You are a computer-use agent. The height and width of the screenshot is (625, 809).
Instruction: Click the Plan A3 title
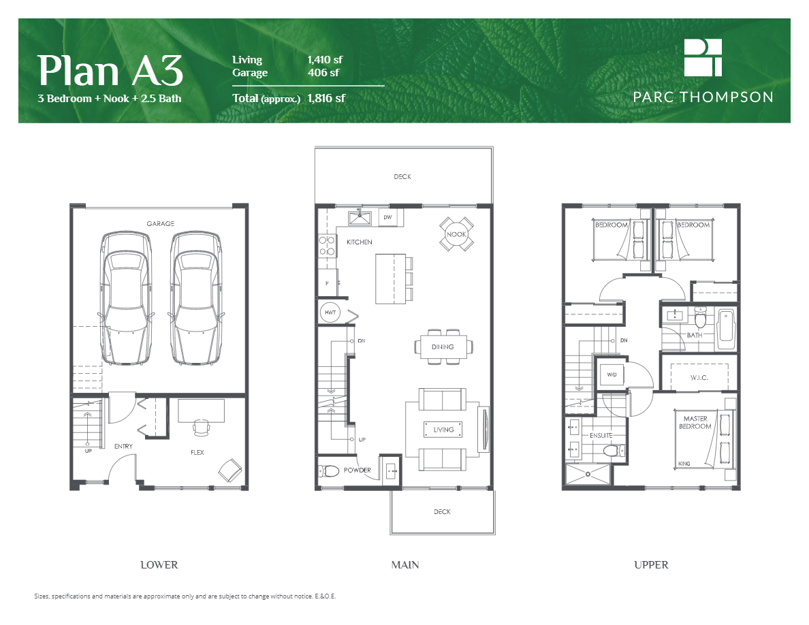point(110,69)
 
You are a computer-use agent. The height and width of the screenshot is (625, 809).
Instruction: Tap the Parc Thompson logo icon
point(703,57)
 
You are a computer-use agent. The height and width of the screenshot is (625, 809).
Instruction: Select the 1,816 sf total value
point(326,98)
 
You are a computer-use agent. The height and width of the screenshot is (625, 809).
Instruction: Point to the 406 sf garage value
point(323,73)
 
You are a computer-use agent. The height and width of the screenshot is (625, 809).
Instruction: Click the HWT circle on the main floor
point(330,312)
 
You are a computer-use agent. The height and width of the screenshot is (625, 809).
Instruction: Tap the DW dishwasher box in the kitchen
point(387,217)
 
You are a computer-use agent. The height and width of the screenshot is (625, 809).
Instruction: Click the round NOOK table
point(456,234)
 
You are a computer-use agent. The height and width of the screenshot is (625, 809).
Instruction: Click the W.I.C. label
point(700,377)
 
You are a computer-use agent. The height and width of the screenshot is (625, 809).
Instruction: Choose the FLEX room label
point(197,452)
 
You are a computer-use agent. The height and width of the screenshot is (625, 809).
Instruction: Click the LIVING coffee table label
point(443,430)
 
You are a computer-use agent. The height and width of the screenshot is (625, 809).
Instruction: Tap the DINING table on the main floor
point(443,347)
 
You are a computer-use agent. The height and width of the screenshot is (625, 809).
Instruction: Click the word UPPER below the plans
point(651,564)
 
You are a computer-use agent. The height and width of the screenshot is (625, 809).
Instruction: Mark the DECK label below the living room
point(441,512)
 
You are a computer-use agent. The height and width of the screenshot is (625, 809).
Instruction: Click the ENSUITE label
point(601,435)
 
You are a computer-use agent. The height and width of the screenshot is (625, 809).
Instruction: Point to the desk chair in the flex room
point(201,428)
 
